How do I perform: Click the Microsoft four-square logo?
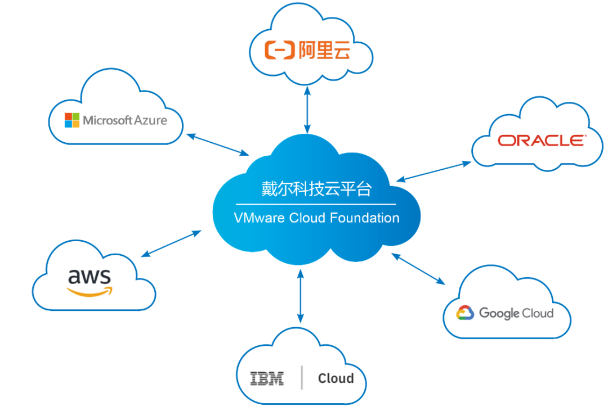(71, 120)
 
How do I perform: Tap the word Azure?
(151, 120)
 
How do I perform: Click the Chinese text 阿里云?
(324, 51)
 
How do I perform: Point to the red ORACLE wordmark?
(542, 140)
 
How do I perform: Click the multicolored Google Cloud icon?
(465, 313)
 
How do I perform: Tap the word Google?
(499, 313)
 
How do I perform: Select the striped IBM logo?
(267, 378)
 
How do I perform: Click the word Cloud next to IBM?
(336, 378)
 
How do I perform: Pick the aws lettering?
(90, 276)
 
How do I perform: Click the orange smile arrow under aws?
(90, 291)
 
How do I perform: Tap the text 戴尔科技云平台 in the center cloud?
(316, 189)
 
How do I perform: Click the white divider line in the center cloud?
(316, 204)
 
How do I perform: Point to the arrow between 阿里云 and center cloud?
(307, 110)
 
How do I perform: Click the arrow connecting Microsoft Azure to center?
(217, 144)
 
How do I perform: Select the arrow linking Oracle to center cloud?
(433, 171)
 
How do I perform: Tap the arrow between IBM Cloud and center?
(300, 296)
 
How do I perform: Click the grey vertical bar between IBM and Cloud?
(302, 377)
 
